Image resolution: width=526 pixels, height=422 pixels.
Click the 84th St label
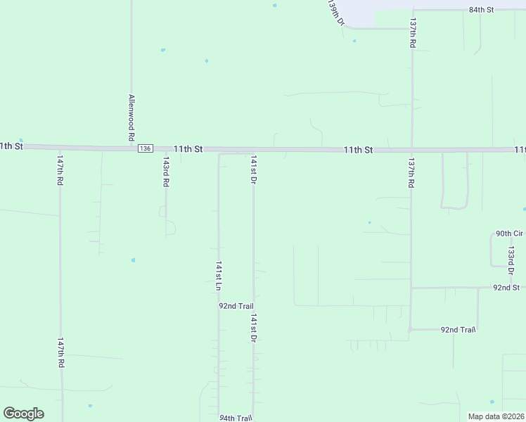[x=482, y=10]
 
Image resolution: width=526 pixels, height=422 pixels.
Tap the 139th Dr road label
[x=336, y=12]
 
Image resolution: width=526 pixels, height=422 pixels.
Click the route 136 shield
[x=145, y=148]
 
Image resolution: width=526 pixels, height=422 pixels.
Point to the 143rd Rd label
[x=166, y=172]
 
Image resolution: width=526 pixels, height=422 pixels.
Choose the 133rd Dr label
[x=512, y=260]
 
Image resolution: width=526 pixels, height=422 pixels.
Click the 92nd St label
[x=506, y=288]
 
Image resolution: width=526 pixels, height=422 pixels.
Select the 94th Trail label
[x=236, y=417]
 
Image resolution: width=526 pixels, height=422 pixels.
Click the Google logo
[x=23, y=414]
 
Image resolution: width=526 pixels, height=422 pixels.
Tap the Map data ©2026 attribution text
[x=496, y=416]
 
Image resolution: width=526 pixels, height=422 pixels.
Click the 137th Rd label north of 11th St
[x=413, y=33]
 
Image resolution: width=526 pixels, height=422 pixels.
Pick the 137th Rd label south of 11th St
[x=411, y=172]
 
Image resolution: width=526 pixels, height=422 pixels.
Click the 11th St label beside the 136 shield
[x=188, y=149]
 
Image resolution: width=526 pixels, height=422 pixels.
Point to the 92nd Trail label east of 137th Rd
[x=458, y=329]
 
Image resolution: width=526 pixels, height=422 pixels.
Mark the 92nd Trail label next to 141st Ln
[x=236, y=306]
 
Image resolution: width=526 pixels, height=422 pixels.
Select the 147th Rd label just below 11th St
[x=60, y=172]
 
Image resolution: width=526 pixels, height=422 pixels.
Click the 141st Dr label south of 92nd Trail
[x=252, y=328]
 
